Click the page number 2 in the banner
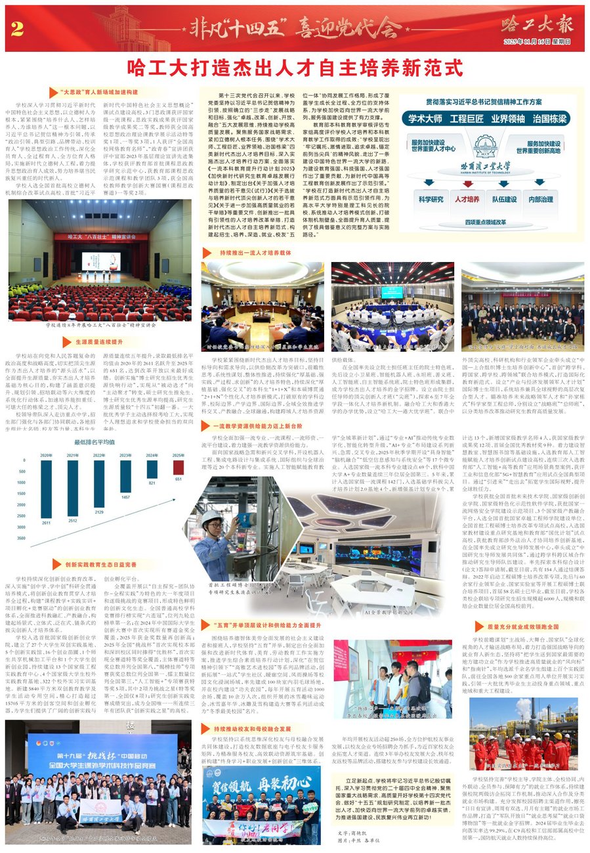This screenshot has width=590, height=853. (x=18, y=29)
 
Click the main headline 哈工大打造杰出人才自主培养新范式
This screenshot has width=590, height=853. (x=295, y=67)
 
